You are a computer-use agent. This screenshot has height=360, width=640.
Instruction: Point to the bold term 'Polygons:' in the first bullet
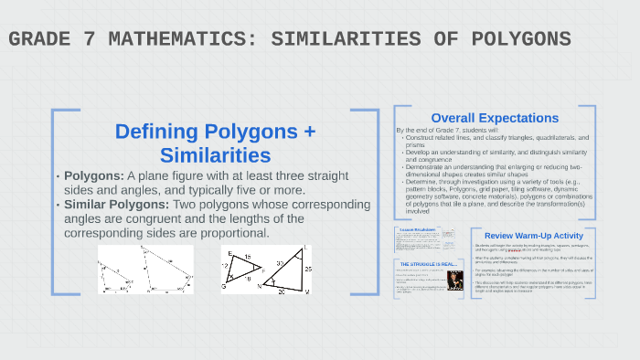[x=90, y=175]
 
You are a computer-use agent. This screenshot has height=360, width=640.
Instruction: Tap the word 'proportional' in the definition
[x=229, y=233]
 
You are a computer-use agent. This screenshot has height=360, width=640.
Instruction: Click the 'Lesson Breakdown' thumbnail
[x=417, y=239]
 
